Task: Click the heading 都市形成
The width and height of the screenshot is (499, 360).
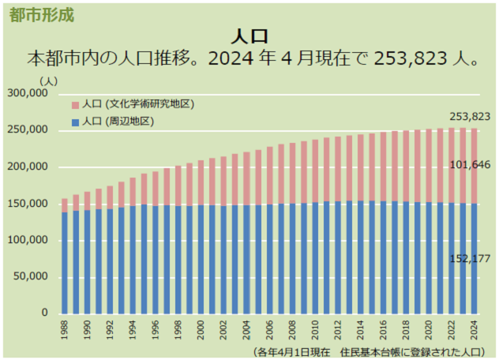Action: (x=42, y=14)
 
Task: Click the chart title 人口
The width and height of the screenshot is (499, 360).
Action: (x=249, y=36)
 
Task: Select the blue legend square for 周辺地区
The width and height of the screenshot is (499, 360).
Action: (x=75, y=122)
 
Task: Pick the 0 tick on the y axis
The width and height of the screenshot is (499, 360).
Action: (x=46, y=313)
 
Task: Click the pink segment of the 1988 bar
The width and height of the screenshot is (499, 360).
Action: (x=65, y=205)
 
